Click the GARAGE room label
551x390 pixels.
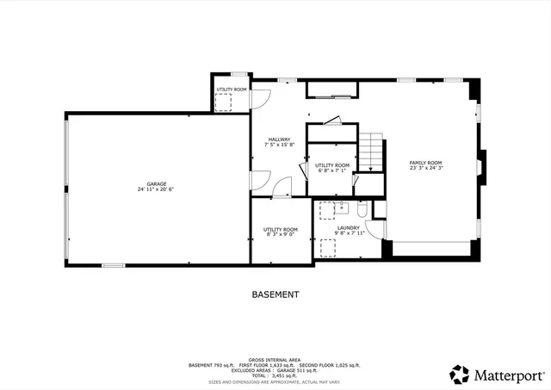point(156,183)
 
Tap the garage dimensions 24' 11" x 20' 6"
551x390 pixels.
point(156,189)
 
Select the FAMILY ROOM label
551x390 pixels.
point(425,163)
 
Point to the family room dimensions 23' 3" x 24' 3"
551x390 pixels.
point(425,169)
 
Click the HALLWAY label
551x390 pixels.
point(279,139)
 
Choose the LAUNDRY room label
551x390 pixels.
point(348,227)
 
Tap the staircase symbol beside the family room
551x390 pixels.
point(370,152)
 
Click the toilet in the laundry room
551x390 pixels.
point(362,210)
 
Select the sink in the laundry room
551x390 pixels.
point(342,207)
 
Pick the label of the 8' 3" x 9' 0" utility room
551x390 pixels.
point(280,229)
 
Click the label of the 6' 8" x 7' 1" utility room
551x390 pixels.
point(331,164)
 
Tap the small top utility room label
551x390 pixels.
point(232,90)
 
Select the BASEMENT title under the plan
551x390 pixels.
point(275,294)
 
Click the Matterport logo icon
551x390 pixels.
point(460,374)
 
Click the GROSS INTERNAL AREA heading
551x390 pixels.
point(275,360)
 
